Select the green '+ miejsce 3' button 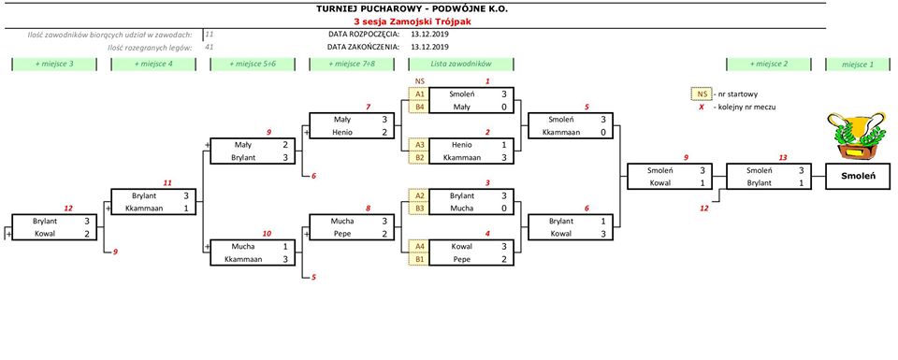(x=54, y=65)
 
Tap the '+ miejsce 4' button (x=153, y=65)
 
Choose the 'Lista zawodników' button (x=461, y=65)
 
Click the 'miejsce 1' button (x=858, y=65)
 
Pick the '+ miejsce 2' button (x=769, y=65)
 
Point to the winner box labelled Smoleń (x=858, y=177)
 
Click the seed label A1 (x=419, y=94)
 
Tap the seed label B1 (x=419, y=259)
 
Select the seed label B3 (x=419, y=209)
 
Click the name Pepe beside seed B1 (x=462, y=259)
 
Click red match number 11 (x=167, y=183)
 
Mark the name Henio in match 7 (x=343, y=132)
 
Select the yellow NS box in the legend (x=701, y=94)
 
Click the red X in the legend (x=701, y=107)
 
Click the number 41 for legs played (x=209, y=47)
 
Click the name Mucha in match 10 (x=243, y=246)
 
